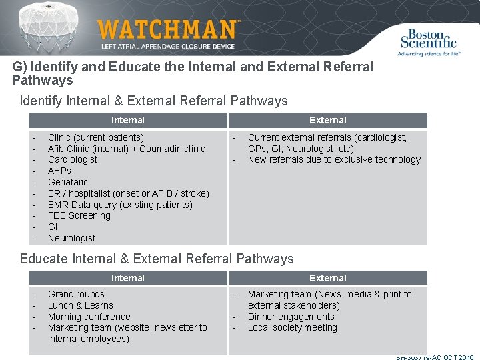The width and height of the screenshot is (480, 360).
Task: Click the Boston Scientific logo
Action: coord(427,41)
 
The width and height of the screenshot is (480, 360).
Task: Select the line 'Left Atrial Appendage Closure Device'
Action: coord(168,47)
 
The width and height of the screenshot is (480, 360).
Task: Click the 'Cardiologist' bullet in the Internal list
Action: coord(73,159)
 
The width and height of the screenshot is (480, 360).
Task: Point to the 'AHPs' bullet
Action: coord(59,171)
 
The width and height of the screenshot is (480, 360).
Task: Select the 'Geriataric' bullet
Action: coord(68,182)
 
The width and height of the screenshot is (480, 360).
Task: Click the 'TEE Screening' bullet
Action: coord(79,215)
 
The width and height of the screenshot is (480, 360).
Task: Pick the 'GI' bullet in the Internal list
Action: coord(53,227)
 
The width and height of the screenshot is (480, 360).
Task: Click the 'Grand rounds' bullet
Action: coord(76,294)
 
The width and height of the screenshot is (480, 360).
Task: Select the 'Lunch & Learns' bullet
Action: coord(81,305)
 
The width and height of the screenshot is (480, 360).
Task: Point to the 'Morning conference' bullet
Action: coord(89,317)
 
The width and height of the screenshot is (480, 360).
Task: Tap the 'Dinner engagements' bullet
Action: coord(291,317)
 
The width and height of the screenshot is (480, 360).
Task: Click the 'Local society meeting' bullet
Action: coord(293,327)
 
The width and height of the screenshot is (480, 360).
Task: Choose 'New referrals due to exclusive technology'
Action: coord(334,159)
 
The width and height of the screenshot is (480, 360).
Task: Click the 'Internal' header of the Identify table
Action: coord(128,120)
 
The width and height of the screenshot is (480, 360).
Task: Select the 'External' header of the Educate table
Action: coord(327,278)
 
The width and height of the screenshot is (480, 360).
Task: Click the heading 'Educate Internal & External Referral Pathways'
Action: coord(157,259)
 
